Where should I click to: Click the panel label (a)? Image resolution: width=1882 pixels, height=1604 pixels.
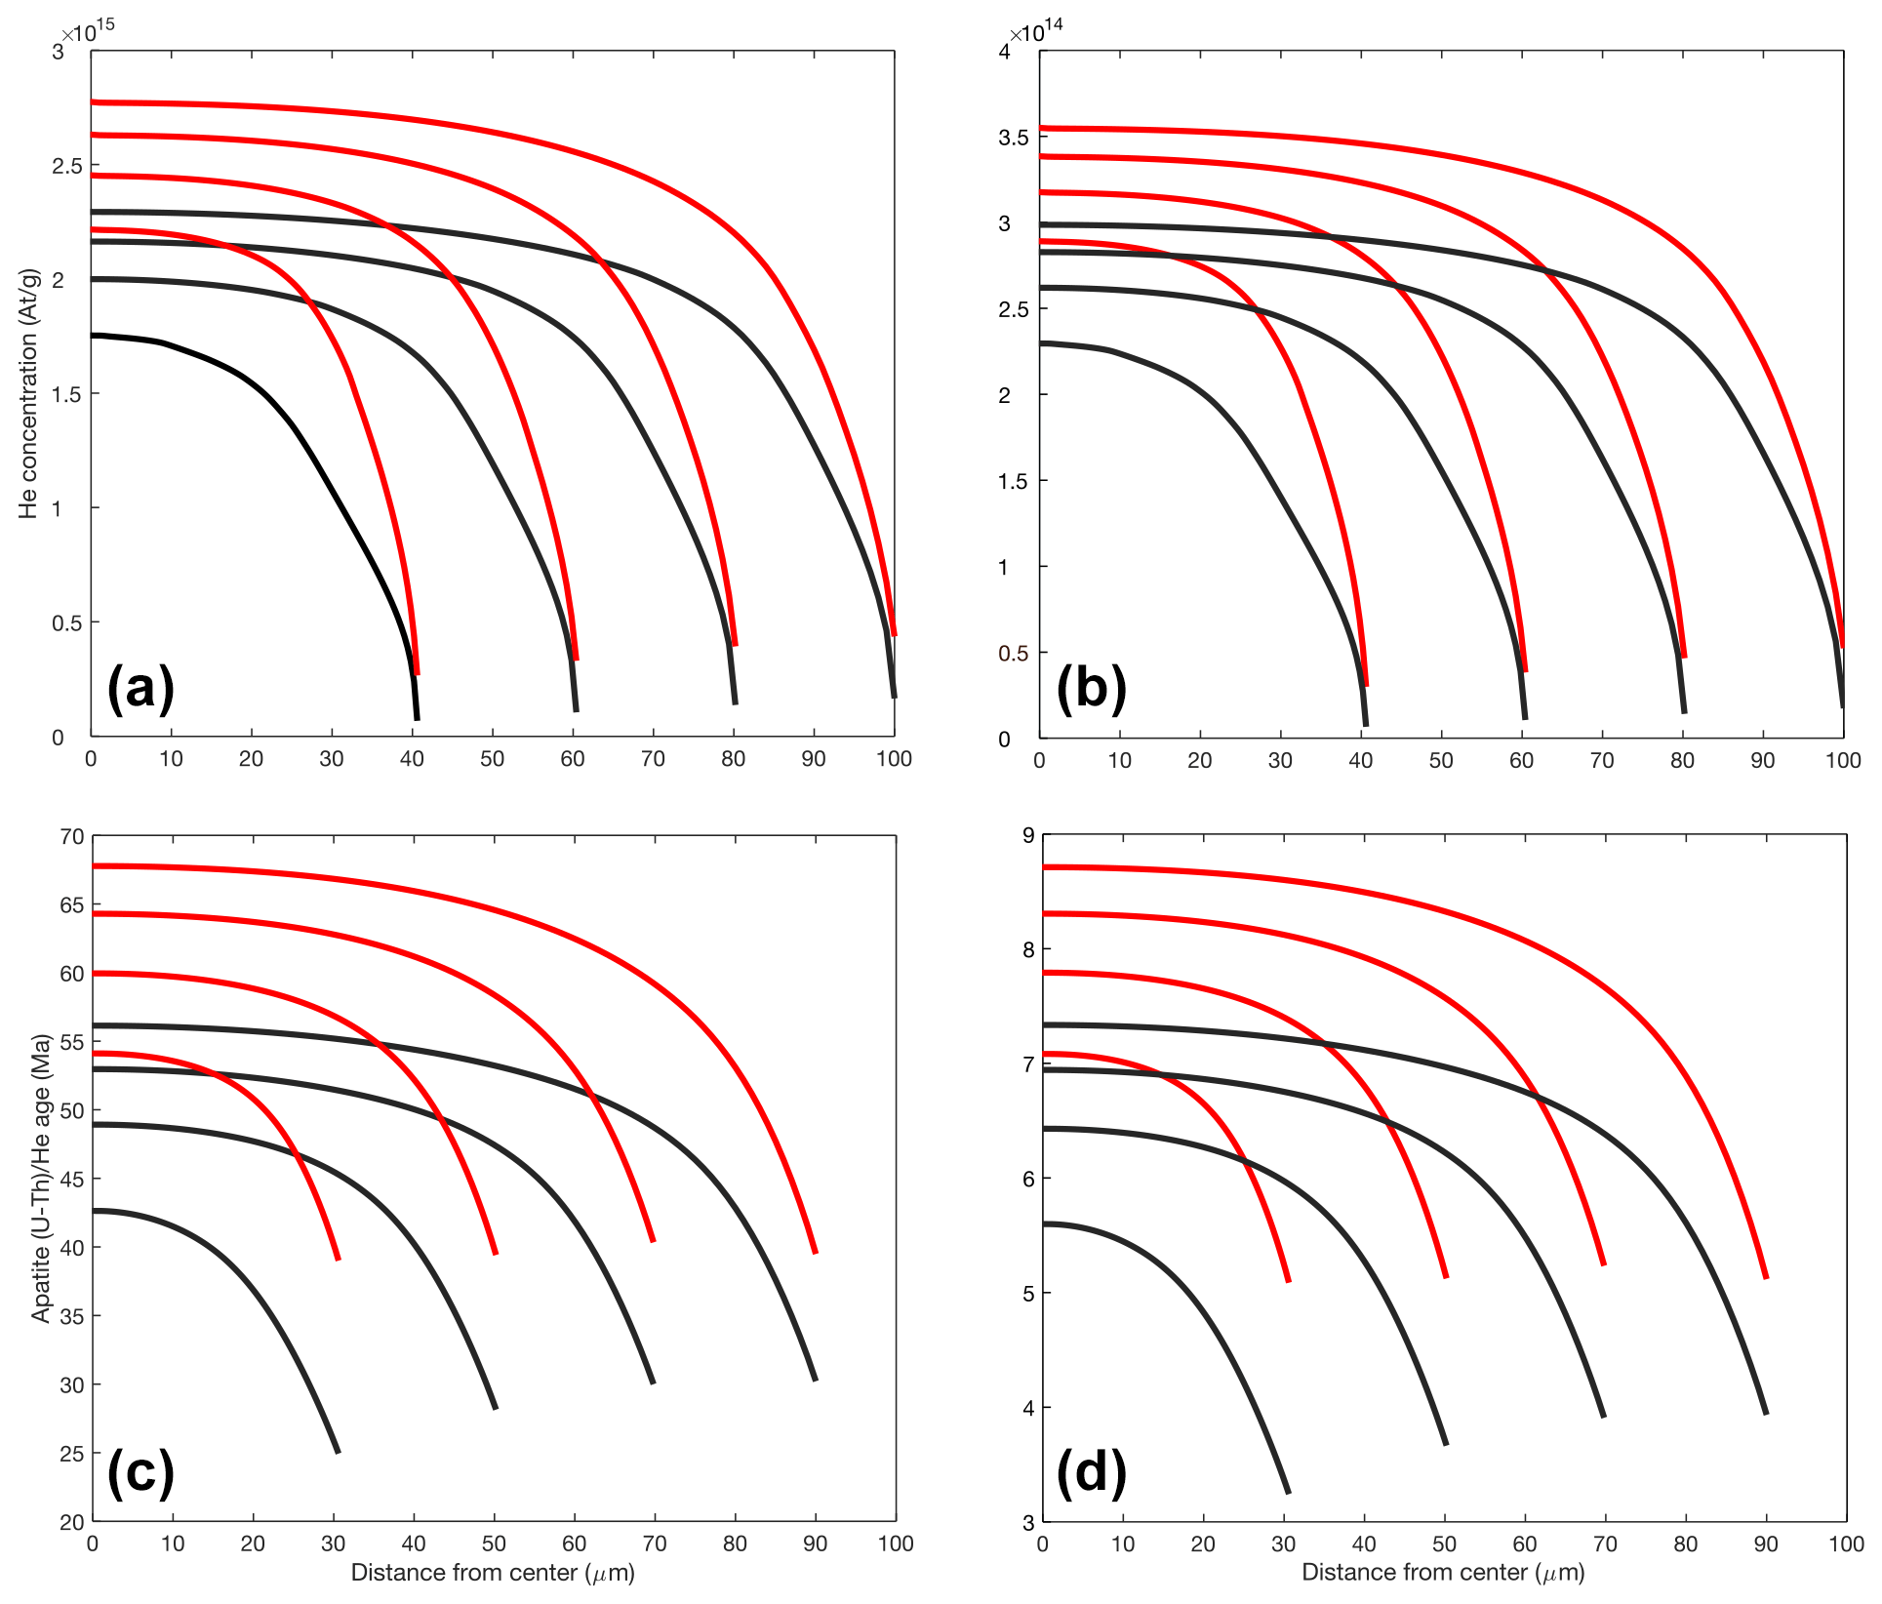click(141, 688)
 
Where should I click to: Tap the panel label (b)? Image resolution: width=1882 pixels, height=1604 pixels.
click(1091, 688)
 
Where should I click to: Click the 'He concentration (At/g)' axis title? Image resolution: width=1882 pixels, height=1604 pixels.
click(28, 393)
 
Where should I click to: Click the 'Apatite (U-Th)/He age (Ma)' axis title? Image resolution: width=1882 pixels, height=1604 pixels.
click(41, 1179)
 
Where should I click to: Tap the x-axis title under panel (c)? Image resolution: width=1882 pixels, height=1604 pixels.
click(493, 1572)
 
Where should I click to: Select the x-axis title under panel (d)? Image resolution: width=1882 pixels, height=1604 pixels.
click(1443, 1572)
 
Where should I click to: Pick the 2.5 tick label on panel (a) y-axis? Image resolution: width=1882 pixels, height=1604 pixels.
click(67, 166)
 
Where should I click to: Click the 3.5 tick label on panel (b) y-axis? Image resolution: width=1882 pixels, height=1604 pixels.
click(1013, 138)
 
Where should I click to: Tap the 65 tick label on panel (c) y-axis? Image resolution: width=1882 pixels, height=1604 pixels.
click(72, 905)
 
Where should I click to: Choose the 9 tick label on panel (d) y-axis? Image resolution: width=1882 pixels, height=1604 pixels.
click(1027, 835)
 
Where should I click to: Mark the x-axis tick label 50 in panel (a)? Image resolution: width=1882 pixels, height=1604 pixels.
click(492, 759)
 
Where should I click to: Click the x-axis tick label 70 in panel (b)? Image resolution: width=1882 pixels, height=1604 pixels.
click(1602, 760)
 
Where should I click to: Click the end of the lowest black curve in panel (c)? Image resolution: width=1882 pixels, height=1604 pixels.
click(338, 1452)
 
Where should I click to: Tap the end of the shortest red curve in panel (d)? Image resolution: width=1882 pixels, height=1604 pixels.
click(1289, 1280)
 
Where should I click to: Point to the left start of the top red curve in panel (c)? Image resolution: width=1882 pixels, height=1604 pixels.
click(95, 865)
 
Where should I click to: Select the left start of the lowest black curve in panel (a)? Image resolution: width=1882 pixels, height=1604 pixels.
click(94, 336)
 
